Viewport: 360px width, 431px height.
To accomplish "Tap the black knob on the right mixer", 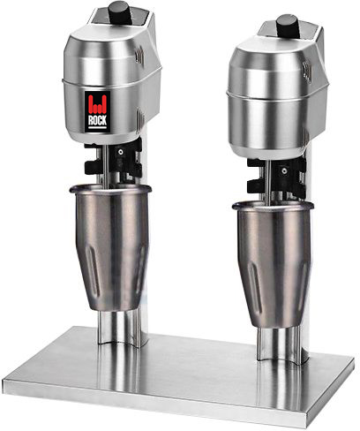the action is point(287,24).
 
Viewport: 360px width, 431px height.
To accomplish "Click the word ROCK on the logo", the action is point(97,120).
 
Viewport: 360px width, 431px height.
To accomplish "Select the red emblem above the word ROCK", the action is point(97,104).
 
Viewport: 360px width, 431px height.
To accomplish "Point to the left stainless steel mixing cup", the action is point(110,247).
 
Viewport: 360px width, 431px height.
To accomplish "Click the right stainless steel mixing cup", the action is point(274,263).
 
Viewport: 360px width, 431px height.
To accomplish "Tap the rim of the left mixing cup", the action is point(110,189).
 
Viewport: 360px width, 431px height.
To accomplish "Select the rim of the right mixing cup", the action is point(274,206).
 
